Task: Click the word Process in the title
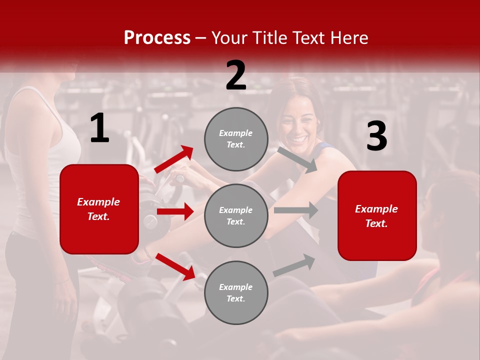tap(157, 38)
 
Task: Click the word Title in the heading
tap(270, 38)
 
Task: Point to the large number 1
tap(99, 129)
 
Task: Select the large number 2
tap(236, 76)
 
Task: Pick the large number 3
tap(376, 137)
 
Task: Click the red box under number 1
tap(99, 209)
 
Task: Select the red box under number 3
tap(377, 216)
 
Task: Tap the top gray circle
tap(236, 139)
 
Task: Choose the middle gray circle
tap(236, 216)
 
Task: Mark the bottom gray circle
tap(236, 293)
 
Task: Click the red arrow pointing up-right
tap(174, 159)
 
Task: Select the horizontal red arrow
tap(175, 211)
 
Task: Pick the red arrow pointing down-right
tap(175, 266)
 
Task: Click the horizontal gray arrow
tap(296, 210)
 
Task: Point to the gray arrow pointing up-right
tap(294, 265)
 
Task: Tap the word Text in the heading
tap(310, 38)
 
